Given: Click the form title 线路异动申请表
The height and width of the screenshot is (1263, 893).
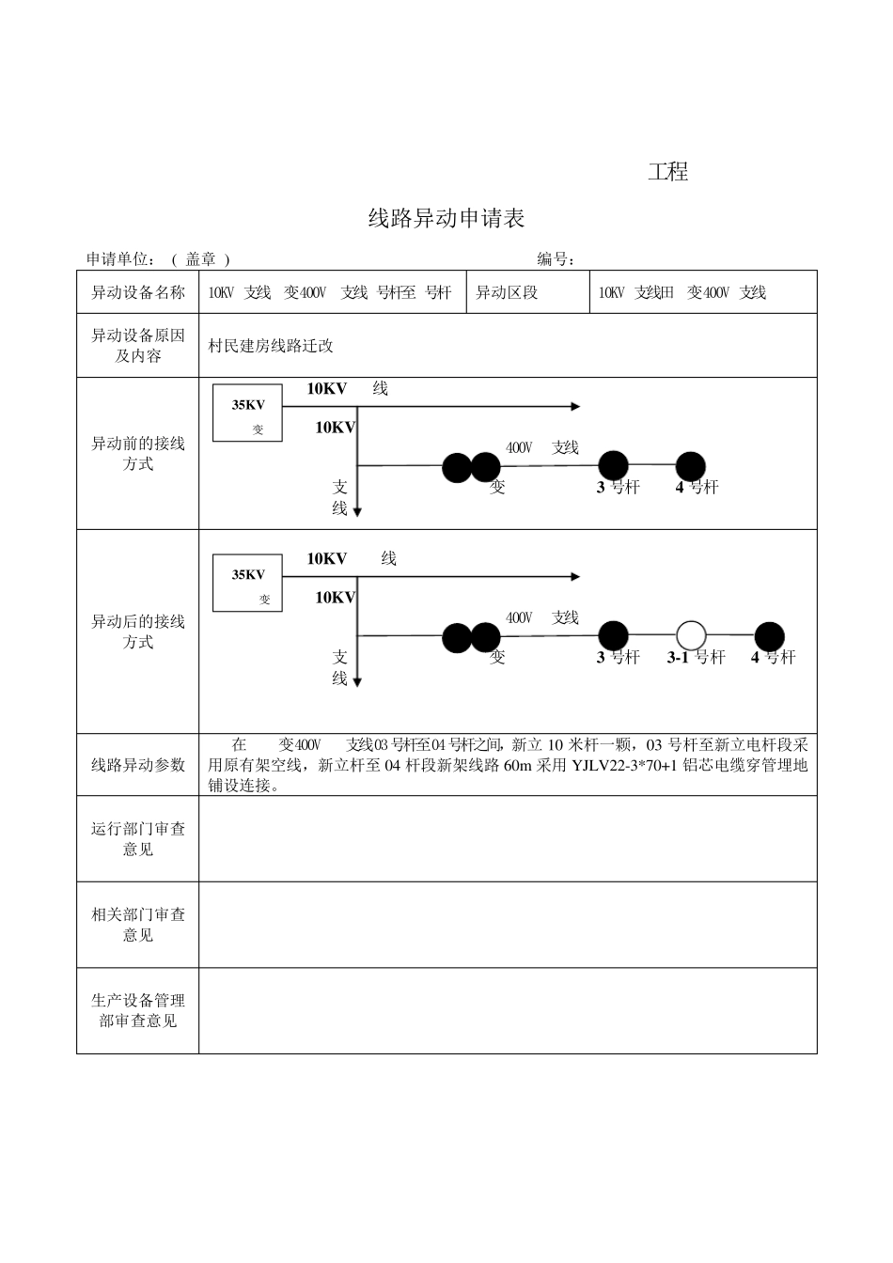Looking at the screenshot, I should pos(446,219).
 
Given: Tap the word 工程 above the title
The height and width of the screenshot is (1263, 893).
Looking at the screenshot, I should pos(667,172).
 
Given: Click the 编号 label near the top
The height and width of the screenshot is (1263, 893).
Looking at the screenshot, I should pos(556,259).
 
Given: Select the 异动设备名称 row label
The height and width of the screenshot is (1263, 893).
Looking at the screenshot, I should pos(137,292).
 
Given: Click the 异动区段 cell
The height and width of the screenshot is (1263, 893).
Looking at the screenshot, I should pos(507,292).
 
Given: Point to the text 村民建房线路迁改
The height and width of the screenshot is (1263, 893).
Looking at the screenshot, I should pos(271,346).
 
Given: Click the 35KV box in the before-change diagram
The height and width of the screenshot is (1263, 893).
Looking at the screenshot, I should pos(247,413).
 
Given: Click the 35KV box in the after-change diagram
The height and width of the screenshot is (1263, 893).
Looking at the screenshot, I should pos(247,583).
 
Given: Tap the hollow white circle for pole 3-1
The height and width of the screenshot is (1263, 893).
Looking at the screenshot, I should pos(691,635).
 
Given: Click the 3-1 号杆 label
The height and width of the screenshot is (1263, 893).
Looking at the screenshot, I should pos(696,658).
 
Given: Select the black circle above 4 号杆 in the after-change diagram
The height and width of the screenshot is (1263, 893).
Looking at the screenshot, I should pos(769,636).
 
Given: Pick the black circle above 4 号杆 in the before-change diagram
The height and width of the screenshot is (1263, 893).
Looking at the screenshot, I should pos(690,465).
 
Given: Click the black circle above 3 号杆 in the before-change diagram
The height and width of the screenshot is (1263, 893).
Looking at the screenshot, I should pos(613,464).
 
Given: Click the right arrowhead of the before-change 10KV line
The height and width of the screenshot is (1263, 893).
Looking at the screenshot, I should pos(575,407).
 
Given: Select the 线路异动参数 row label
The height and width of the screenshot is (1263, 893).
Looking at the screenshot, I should pos(137,765).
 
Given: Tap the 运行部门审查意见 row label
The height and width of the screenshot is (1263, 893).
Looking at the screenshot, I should pos(137,838).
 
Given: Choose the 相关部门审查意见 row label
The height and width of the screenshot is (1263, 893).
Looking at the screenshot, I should pos(137,925).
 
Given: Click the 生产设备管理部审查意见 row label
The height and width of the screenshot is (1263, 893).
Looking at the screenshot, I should pos(137,1010).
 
